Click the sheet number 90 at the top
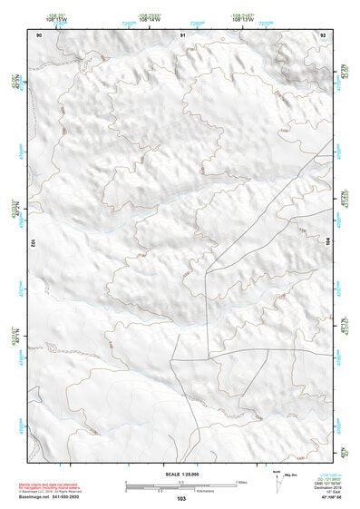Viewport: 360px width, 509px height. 39,34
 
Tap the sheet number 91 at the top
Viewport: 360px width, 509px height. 183,34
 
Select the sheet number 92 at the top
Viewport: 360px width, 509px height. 323,34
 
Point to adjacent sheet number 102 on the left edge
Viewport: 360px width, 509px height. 32,243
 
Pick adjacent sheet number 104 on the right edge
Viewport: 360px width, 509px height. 329,243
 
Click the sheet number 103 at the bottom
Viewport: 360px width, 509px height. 181,499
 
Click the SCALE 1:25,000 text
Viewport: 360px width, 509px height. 181,473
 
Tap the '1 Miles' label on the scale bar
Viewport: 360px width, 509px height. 240,481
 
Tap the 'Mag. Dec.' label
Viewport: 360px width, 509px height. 292,474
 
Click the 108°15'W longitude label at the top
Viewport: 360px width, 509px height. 56,18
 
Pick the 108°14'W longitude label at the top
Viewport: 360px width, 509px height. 150,18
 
